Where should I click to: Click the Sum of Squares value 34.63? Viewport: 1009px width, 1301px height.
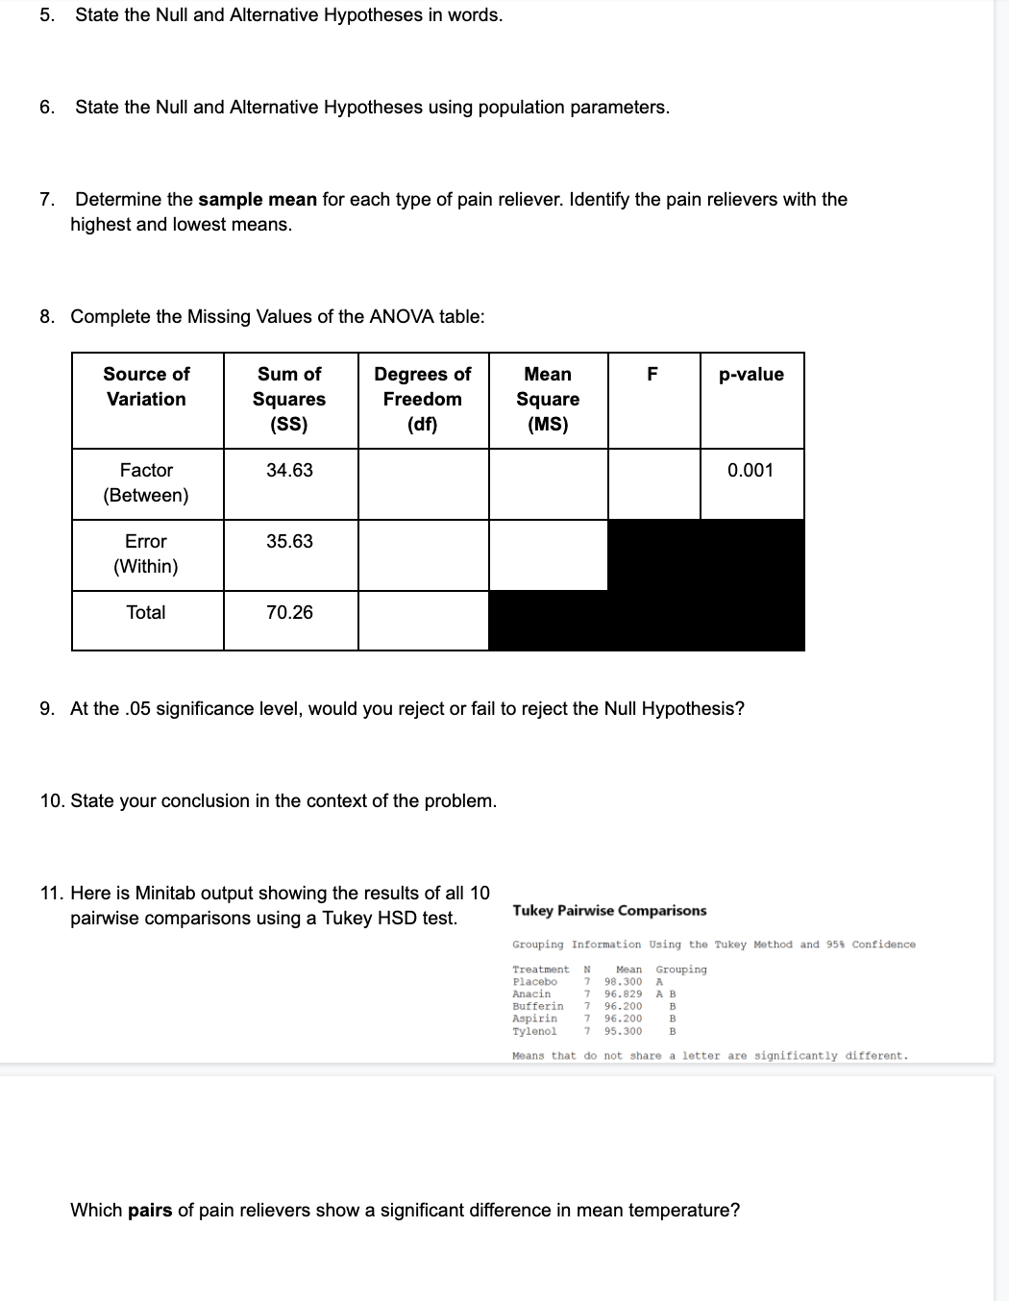289,470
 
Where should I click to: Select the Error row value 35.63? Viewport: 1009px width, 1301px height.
289,541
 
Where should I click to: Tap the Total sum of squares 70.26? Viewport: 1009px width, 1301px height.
289,612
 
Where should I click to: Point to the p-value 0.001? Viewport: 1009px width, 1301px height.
750,470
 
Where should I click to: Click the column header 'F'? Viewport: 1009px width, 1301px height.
652,375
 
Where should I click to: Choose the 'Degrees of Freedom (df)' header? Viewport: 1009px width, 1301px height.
422,399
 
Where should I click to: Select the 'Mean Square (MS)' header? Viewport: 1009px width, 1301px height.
548,399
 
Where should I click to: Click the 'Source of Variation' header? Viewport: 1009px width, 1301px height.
146,386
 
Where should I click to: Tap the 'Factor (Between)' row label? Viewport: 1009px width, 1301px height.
146,482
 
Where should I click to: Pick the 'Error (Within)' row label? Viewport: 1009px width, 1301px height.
146,553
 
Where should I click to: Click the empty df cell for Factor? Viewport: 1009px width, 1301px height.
423,484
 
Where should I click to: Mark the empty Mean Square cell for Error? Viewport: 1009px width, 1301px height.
548,555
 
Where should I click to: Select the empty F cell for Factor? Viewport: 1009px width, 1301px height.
653,484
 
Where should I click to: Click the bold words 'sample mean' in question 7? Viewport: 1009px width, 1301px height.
257,200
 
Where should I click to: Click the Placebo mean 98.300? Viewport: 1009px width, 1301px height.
623,982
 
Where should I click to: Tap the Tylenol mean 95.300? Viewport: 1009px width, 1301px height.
623,1031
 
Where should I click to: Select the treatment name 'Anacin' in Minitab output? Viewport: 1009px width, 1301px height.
531,994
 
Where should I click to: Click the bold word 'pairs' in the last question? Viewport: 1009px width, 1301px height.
149,1211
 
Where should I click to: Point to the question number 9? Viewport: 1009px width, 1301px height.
47,709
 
